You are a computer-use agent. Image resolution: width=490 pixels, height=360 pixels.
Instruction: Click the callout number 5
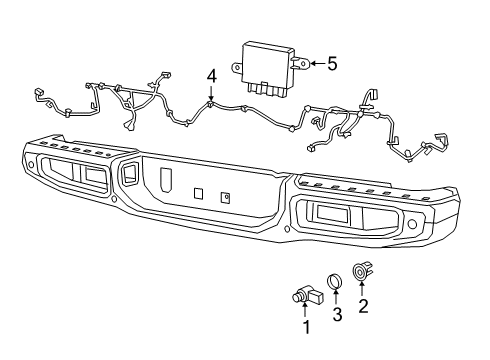(x=332, y=63)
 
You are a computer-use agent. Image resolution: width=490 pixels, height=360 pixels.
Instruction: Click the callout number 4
(x=212, y=76)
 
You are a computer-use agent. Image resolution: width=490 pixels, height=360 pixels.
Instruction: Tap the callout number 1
(x=305, y=326)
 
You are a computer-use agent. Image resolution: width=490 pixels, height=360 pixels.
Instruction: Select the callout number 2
(x=363, y=307)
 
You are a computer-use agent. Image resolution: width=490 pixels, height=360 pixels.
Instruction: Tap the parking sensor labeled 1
(x=299, y=295)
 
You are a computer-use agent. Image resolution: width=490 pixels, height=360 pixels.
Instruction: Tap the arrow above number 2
(x=363, y=291)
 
